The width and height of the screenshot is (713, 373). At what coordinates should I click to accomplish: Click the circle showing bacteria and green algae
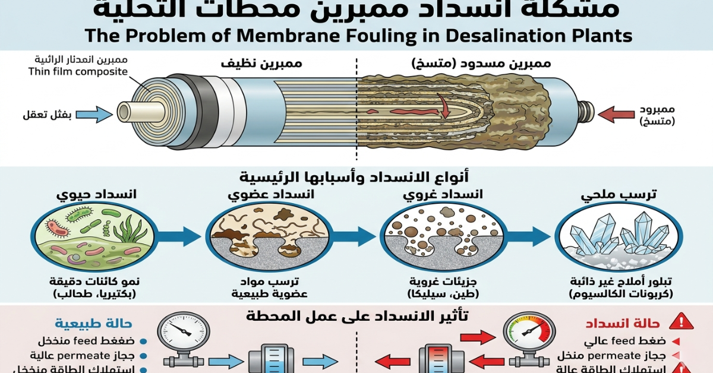coord(95,236)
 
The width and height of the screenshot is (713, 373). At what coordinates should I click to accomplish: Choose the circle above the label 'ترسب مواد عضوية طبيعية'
coord(267,237)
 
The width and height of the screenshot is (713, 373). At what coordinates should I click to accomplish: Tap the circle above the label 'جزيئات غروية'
coord(443,237)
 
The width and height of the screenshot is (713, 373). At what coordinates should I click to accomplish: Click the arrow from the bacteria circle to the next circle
coord(181,236)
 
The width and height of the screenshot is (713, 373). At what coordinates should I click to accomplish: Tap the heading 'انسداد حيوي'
coord(96,194)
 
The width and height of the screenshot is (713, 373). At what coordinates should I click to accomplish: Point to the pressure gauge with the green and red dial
coord(529,333)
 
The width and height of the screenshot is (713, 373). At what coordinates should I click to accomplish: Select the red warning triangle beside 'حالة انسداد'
coord(680,323)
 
